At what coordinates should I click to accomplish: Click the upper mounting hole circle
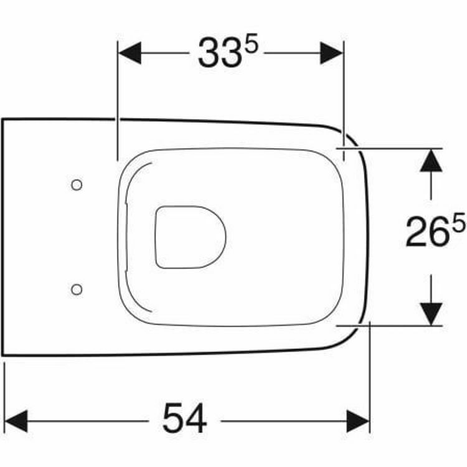tap(77, 184)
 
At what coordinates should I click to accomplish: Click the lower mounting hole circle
tap(77, 288)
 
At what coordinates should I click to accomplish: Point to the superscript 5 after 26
tap(458, 222)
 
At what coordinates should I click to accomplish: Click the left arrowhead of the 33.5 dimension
tap(130, 53)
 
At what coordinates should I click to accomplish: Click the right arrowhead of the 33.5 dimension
tap(331, 53)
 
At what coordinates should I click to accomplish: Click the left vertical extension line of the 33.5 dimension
tap(117, 100)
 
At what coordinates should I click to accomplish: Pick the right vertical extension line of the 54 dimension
tap(370, 380)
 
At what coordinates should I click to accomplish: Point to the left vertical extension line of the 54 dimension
tap(5, 399)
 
